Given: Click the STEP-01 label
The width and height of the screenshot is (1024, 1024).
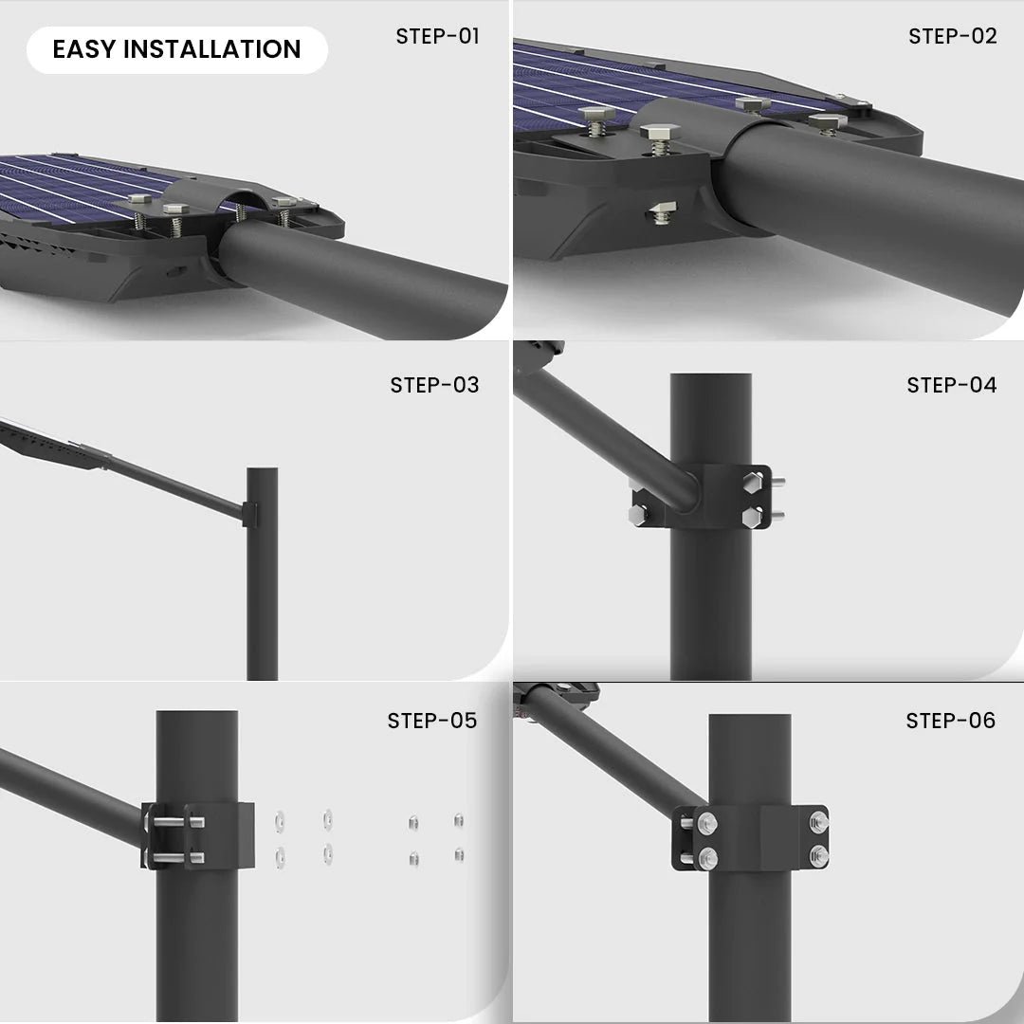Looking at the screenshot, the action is pyautogui.click(x=437, y=37).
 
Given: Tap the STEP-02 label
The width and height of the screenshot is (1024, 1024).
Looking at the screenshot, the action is pyautogui.click(x=952, y=37).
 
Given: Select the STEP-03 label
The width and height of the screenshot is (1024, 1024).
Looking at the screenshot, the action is pyautogui.click(x=434, y=385).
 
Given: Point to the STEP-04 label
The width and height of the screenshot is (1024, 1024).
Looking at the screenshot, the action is pyautogui.click(x=952, y=385).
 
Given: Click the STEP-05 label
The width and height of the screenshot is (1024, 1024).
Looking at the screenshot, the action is pyautogui.click(x=431, y=721).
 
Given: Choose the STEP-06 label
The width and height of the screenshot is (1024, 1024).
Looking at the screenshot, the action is pyautogui.click(x=950, y=721).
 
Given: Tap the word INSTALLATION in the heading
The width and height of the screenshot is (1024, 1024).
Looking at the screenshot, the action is pyautogui.click(x=211, y=49).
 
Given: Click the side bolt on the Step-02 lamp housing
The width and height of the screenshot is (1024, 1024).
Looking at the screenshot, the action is pyautogui.click(x=662, y=212).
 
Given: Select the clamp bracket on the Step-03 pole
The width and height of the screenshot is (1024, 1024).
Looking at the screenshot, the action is pyautogui.click(x=249, y=515).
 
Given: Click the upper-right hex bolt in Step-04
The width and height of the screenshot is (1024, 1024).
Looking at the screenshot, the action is pyautogui.click(x=752, y=483).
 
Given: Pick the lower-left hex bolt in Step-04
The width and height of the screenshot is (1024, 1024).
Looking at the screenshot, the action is pyautogui.click(x=639, y=515).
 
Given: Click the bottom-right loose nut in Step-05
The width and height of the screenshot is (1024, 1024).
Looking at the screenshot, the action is pyautogui.click(x=459, y=854).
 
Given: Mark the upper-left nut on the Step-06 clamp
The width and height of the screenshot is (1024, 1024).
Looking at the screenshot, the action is pyautogui.click(x=706, y=824).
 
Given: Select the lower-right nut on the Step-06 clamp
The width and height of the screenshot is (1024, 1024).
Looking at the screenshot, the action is pyautogui.click(x=819, y=855).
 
